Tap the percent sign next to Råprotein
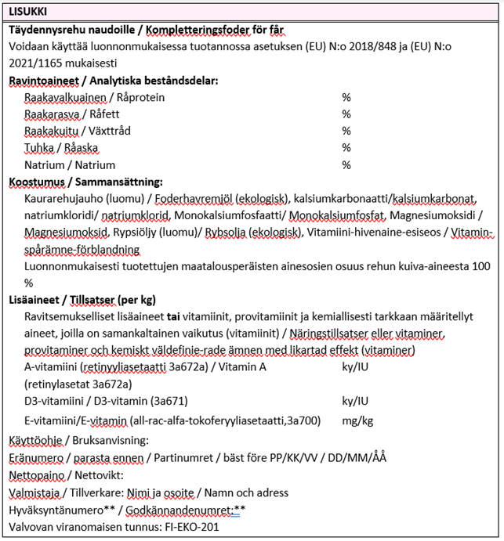pos(346,97)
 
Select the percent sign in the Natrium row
pos(346,165)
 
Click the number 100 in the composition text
pos(480,266)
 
